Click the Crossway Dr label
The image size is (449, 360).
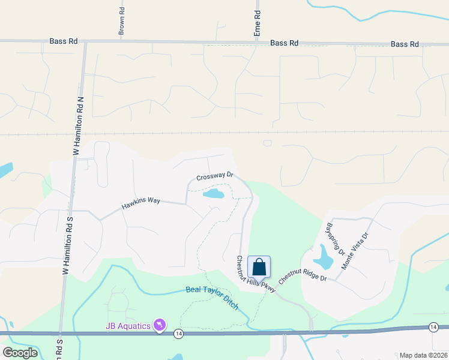pos(214,176)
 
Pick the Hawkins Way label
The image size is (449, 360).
pos(141,204)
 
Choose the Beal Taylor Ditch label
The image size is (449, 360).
pos(212,298)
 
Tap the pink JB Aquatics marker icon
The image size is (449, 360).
pos(160,325)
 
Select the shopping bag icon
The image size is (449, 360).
pos(259,266)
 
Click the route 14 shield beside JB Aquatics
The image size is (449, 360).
pos(178,332)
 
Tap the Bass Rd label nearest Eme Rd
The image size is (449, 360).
pos(284,43)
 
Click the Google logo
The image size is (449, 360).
pos(20,353)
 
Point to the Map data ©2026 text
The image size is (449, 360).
pos(423,355)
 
